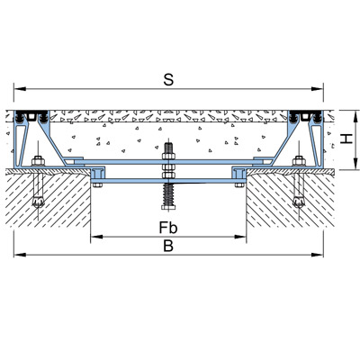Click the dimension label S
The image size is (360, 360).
(x=168, y=80)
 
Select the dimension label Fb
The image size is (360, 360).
(x=168, y=228)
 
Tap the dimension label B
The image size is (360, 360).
(x=168, y=246)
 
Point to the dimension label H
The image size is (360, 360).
(x=346, y=139)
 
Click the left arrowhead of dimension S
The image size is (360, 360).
(x=20, y=89)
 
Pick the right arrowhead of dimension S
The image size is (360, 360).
(x=317, y=89)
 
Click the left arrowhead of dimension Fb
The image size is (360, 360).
(x=96, y=237)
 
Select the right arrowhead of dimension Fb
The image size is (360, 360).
(x=240, y=237)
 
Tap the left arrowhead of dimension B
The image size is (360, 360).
(x=20, y=255)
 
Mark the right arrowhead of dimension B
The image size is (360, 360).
(x=317, y=255)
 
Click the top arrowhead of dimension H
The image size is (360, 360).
(x=355, y=116)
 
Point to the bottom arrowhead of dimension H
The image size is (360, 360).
(x=355, y=164)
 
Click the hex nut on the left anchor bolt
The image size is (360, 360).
(x=38, y=161)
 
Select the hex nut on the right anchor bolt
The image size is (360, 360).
(x=299, y=161)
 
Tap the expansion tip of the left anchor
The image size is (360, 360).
(x=38, y=202)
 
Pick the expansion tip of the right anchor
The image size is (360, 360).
(x=299, y=202)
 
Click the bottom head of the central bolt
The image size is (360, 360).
(x=168, y=207)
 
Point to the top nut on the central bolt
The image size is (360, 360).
(x=168, y=156)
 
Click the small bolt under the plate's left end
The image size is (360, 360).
(x=97, y=184)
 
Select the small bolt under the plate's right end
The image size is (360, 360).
(x=239, y=184)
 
